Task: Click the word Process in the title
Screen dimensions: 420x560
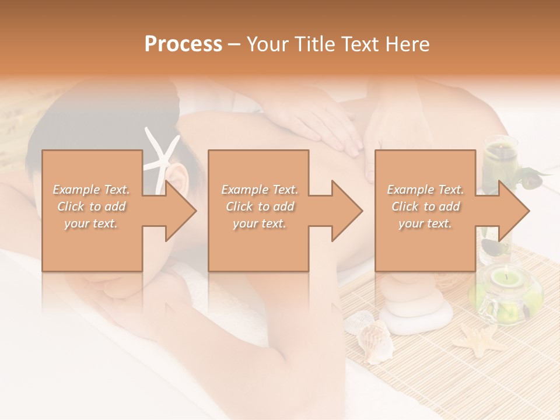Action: point(183,44)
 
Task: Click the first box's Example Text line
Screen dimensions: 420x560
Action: point(91,190)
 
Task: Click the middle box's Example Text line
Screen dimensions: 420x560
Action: point(260,190)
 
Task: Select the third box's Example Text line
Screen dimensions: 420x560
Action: point(425,190)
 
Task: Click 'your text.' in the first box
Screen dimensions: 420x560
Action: point(91,223)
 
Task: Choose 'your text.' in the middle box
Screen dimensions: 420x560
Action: point(260,223)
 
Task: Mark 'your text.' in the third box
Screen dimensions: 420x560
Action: point(425,223)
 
